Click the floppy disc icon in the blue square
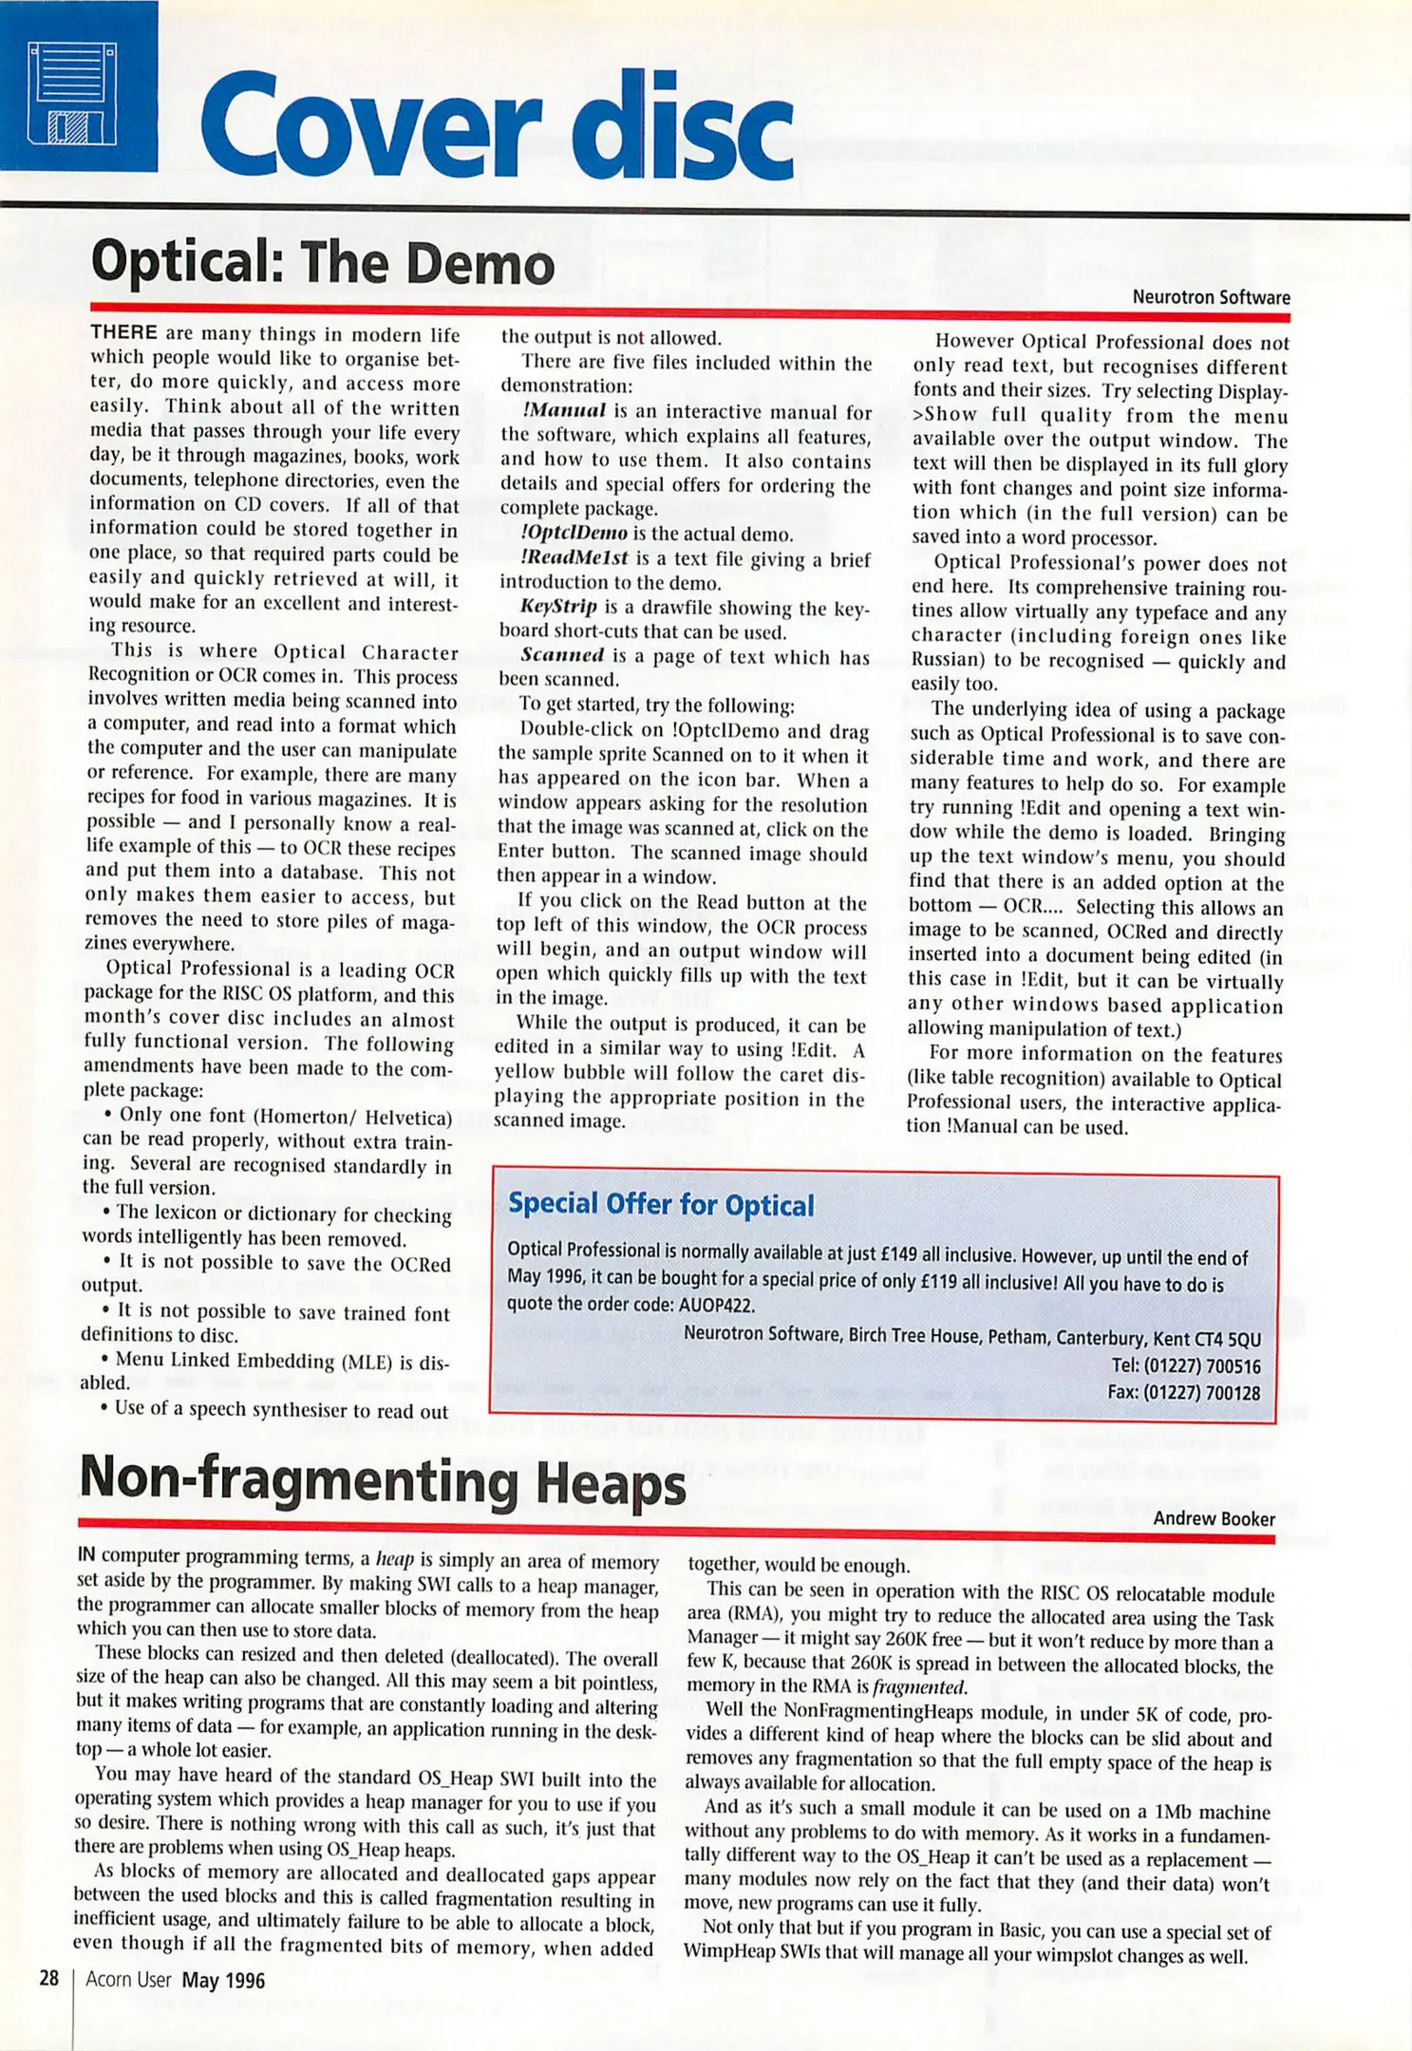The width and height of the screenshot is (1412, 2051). tap(73, 93)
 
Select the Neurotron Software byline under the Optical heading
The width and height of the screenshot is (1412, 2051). tap(1211, 297)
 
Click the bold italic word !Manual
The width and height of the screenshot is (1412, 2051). tap(563, 411)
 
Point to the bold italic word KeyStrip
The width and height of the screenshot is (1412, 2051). tap(558, 607)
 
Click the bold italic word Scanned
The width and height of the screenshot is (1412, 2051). tap(562, 655)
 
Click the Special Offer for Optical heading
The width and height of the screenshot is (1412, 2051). tap(661, 1205)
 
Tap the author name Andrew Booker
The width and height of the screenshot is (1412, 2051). tap(1214, 1518)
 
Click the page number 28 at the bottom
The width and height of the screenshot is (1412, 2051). tap(48, 1979)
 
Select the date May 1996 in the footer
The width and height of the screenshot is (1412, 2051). tap(223, 1981)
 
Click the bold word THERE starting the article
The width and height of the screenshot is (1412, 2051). tap(123, 332)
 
